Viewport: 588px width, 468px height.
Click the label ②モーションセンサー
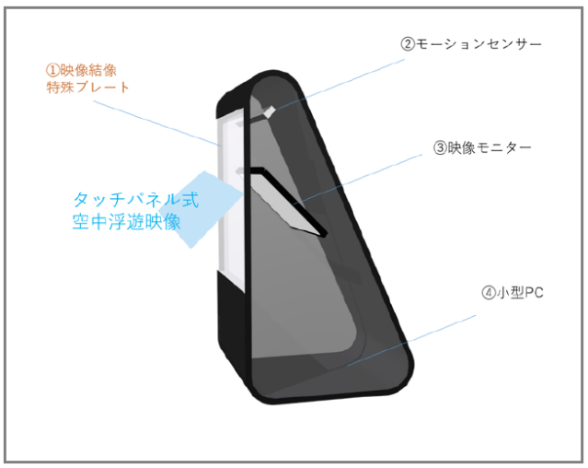click(x=471, y=44)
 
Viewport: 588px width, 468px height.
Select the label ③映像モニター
click(x=482, y=148)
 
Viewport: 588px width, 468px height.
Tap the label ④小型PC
click(x=513, y=292)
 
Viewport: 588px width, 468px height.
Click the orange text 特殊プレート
click(x=87, y=88)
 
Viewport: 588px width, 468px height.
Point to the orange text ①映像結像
click(x=81, y=70)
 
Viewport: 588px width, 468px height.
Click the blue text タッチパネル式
click(x=136, y=200)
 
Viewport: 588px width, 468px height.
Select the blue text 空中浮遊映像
click(x=127, y=221)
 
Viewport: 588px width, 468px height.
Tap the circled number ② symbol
click(x=408, y=44)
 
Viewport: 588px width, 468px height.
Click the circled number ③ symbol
click(x=440, y=148)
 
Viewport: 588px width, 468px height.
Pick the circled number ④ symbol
click(x=489, y=293)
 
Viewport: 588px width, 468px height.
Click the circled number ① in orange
click(x=52, y=71)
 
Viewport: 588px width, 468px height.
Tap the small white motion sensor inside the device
click(x=270, y=111)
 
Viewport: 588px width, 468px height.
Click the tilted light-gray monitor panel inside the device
click(x=286, y=203)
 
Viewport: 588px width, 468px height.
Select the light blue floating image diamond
click(x=200, y=209)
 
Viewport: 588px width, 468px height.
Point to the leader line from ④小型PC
click(x=411, y=340)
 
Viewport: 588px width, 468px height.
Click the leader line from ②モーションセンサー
click(x=340, y=85)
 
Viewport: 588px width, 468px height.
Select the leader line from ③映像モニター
click(x=358, y=180)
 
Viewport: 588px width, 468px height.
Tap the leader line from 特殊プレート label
click(x=157, y=123)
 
